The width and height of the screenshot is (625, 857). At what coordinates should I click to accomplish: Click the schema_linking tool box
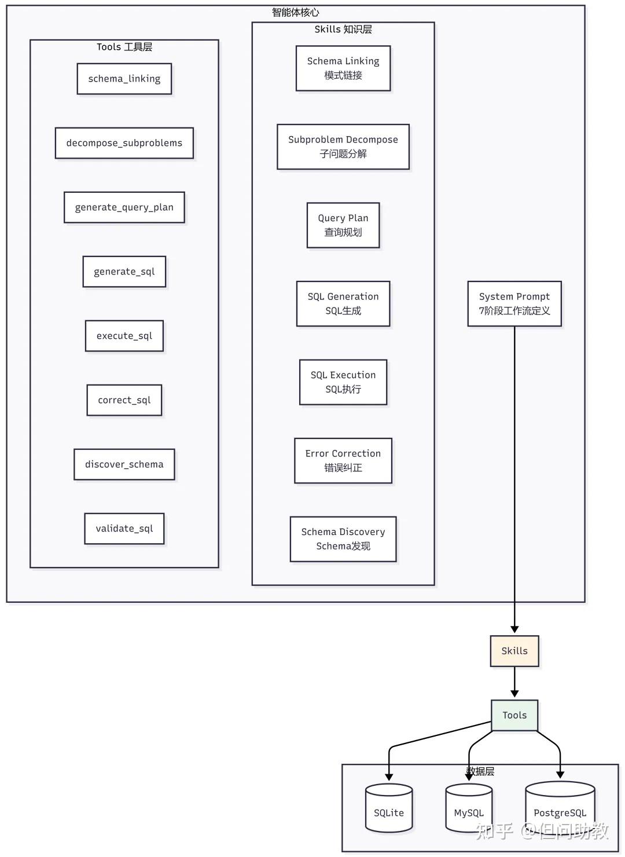(x=124, y=79)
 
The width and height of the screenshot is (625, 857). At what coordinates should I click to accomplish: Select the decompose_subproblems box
(x=124, y=143)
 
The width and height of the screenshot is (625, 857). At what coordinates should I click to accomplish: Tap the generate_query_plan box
(x=124, y=207)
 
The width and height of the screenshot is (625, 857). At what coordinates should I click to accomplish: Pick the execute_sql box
(x=124, y=336)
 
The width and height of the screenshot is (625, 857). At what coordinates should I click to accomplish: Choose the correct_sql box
(x=124, y=400)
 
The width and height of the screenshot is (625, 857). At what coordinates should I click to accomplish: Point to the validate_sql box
(x=124, y=529)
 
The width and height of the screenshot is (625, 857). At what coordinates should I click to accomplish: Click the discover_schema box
(x=124, y=464)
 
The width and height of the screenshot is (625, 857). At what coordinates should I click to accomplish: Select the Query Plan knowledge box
(x=343, y=225)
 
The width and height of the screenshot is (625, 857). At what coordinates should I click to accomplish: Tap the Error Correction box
(x=343, y=461)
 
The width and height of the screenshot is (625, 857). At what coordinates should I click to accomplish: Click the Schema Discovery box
(x=343, y=539)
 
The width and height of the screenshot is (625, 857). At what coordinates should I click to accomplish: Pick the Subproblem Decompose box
(x=343, y=147)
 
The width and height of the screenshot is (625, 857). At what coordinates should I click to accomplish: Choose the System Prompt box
(x=514, y=304)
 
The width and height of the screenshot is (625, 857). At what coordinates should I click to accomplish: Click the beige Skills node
(x=514, y=651)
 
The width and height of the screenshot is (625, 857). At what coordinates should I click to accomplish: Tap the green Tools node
(x=514, y=716)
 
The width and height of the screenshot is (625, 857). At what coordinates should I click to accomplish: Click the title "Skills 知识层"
(x=343, y=30)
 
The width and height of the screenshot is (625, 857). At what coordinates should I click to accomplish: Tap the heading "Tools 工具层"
(x=124, y=47)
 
